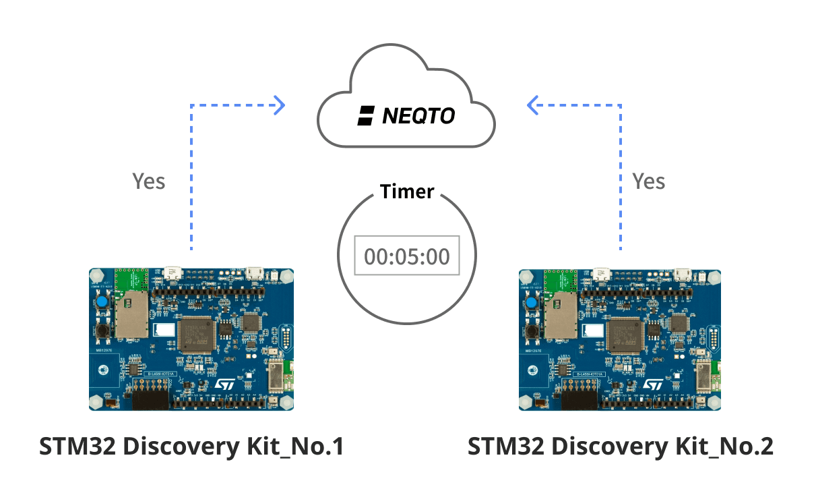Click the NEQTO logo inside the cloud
point(406,116)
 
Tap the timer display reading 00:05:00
point(407,256)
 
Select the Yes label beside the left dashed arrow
point(148,181)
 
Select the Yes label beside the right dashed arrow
point(648,181)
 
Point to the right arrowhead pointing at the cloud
point(532,105)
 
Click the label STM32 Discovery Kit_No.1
point(192,446)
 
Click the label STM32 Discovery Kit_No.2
point(621,446)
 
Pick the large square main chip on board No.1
point(198,335)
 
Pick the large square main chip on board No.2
point(626,335)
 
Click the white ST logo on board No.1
point(224,382)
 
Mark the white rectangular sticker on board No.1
point(165,330)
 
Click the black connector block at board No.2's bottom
point(579,398)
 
